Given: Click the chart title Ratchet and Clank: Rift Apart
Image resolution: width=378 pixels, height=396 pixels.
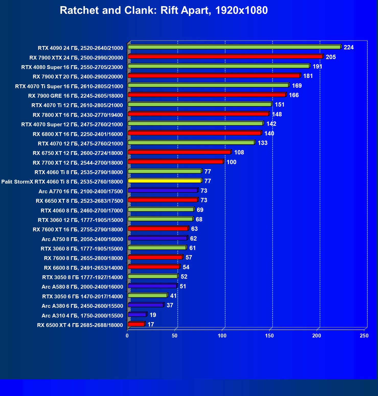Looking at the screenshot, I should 164,10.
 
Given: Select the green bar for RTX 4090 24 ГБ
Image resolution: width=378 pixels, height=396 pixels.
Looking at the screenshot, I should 234,47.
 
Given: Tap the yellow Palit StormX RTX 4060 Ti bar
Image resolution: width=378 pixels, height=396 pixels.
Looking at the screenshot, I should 164,181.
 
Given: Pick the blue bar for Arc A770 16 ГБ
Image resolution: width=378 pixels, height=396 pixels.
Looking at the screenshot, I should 163,190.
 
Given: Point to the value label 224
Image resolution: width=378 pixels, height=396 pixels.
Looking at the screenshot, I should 349,47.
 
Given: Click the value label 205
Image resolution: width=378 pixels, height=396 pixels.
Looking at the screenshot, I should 331,57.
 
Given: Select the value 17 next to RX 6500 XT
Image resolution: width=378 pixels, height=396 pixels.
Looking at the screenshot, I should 151,324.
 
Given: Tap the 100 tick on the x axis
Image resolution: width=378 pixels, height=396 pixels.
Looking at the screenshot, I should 222,336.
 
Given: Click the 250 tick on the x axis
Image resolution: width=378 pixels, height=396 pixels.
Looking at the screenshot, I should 364,336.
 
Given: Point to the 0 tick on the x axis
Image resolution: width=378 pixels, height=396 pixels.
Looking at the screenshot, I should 127,336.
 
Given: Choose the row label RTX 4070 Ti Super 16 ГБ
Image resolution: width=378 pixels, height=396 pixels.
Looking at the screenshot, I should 69,86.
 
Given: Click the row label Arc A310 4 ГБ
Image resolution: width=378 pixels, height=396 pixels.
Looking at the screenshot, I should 82,316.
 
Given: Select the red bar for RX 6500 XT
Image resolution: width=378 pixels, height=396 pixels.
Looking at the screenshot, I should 136,324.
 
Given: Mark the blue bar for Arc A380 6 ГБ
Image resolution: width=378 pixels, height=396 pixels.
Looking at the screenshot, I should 145,305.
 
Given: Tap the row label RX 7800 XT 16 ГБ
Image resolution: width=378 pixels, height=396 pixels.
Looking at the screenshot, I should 78,115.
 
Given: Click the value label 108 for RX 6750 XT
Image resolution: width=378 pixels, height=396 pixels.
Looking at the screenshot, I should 239,152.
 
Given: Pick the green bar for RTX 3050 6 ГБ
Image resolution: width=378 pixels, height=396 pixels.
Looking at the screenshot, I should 147,296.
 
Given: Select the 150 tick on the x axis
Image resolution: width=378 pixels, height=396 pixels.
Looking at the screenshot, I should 269,336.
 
